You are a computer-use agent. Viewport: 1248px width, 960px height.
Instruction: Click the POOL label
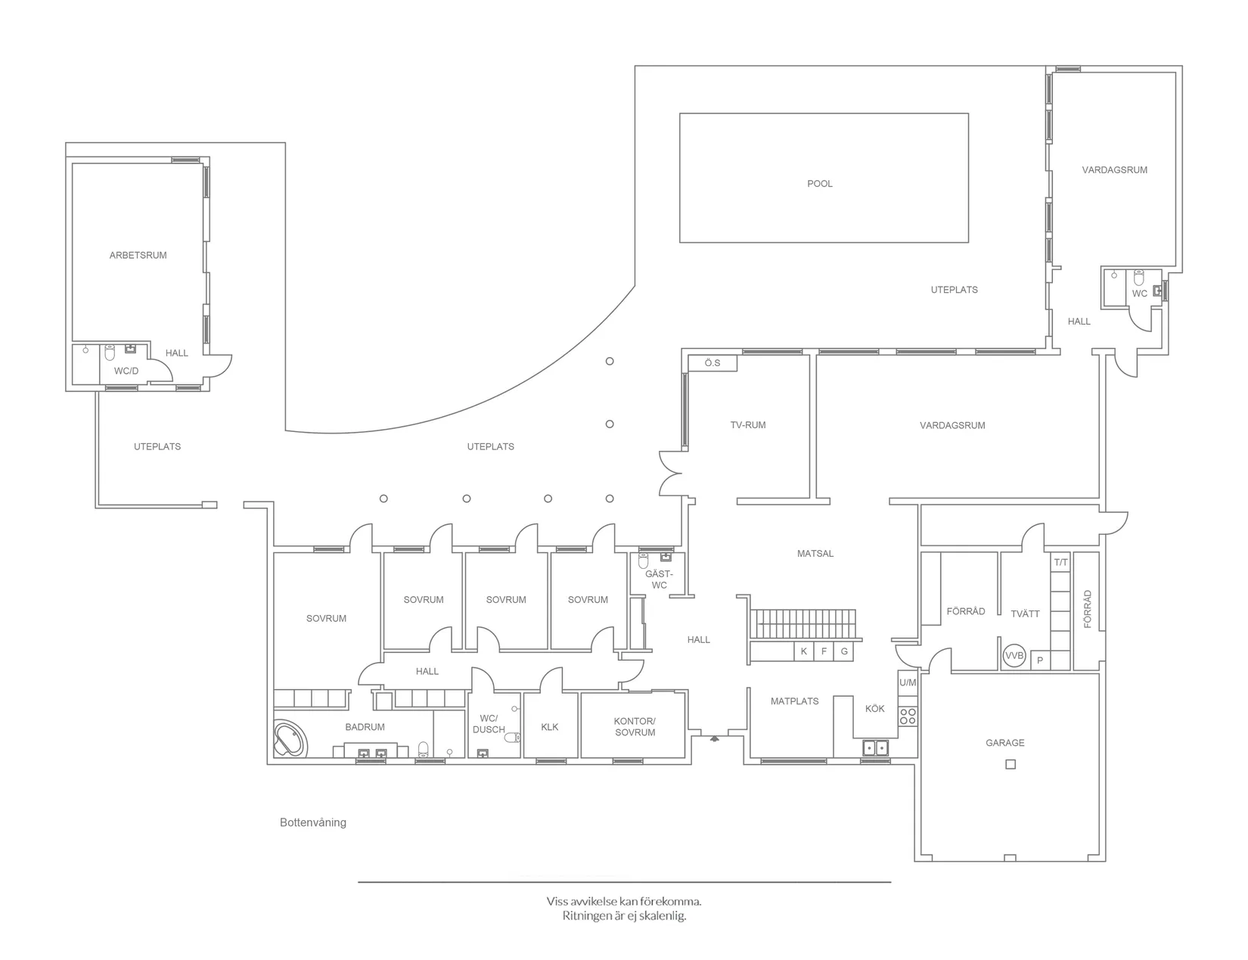pyautogui.click(x=819, y=184)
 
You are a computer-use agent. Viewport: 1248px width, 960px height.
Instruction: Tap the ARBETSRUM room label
pyautogui.click(x=138, y=256)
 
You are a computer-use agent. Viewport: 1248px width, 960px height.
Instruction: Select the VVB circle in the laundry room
pyautogui.click(x=1014, y=657)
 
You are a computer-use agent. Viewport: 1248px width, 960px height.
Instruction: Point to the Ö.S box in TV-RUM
pyautogui.click(x=712, y=363)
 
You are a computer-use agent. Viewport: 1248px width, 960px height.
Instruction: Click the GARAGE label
pyautogui.click(x=1004, y=743)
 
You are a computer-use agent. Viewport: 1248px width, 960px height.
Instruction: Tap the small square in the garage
pyautogui.click(x=1010, y=764)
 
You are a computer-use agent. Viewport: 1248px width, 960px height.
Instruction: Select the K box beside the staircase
pyautogui.click(x=803, y=651)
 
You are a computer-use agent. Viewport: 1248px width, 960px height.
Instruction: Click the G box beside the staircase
pyautogui.click(x=844, y=651)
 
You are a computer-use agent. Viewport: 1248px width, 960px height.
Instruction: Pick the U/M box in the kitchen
pyautogui.click(x=908, y=682)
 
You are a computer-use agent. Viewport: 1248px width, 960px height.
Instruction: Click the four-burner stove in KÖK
pyautogui.click(x=908, y=716)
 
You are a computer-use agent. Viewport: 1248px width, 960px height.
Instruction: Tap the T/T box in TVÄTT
pyautogui.click(x=1060, y=562)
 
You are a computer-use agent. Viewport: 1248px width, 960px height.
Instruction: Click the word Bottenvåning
pyautogui.click(x=312, y=822)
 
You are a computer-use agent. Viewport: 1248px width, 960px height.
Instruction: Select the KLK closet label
pyautogui.click(x=550, y=727)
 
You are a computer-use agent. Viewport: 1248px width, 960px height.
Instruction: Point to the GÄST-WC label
pyautogui.click(x=659, y=579)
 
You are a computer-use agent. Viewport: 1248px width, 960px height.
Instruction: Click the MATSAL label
pyautogui.click(x=815, y=554)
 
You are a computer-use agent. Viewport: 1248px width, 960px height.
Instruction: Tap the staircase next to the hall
pyautogui.click(x=806, y=625)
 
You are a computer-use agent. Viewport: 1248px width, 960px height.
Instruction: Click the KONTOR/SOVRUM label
pyautogui.click(x=635, y=727)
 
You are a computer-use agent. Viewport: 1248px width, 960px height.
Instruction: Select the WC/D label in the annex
pyautogui.click(x=126, y=371)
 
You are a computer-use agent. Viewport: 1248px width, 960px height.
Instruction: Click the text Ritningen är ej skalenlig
pyautogui.click(x=624, y=916)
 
